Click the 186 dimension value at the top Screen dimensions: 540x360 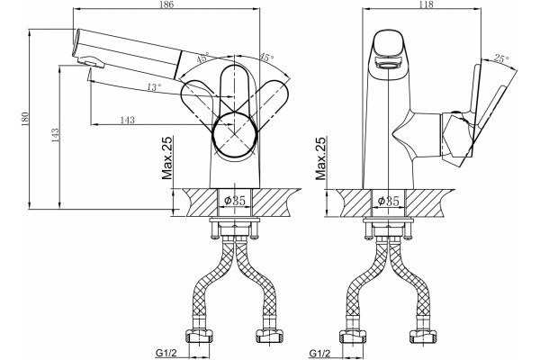click(166, 4)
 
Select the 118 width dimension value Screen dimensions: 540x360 click(427, 4)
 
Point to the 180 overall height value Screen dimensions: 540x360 click(25, 119)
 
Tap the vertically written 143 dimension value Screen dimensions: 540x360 click(56, 135)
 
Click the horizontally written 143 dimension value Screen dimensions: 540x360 click(127, 120)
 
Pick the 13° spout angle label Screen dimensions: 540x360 click(154, 87)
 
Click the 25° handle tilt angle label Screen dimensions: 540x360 click(501, 58)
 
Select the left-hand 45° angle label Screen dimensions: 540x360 click(202, 58)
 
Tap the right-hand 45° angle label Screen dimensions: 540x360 click(265, 58)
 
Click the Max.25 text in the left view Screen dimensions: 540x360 click(167, 158)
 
